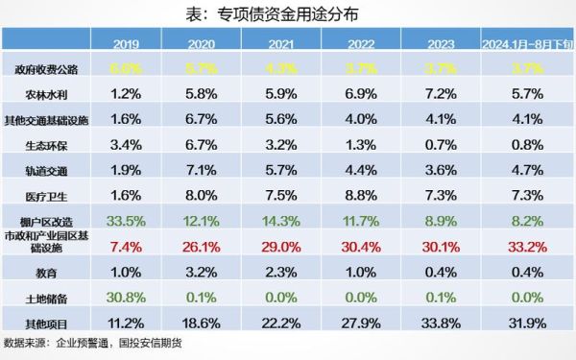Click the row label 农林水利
[x=46, y=95]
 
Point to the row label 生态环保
[x=46, y=145]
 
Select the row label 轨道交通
[x=46, y=171]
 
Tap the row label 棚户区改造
[x=46, y=221]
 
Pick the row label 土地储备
[x=46, y=297]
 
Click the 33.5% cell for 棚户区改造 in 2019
[x=126, y=221]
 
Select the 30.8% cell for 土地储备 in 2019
[x=126, y=297]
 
